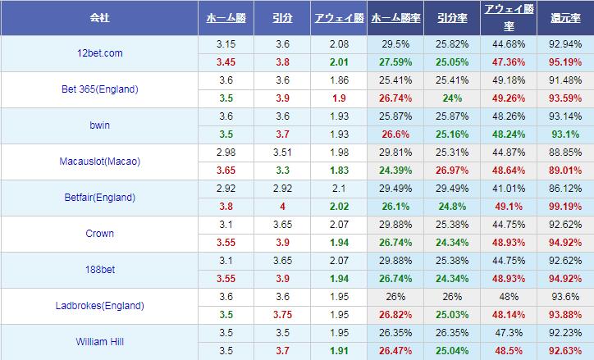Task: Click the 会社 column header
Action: pyautogui.click(x=99, y=16)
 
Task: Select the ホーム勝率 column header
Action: pyautogui.click(x=397, y=16)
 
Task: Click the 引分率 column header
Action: pyautogui.click(x=452, y=16)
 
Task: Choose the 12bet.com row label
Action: pyautogui.click(x=99, y=52)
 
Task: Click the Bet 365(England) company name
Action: pyautogui.click(x=99, y=89)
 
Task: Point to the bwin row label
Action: pyautogui.click(x=99, y=125)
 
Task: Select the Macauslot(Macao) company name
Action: pyautogui.click(x=99, y=161)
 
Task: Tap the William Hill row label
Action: pyautogui.click(x=99, y=341)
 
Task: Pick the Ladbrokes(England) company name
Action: pyautogui.click(x=99, y=305)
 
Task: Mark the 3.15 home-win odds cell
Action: pyautogui.click(x=226, y=43)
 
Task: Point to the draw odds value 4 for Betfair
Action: pyautogui.click(x=283, y=206)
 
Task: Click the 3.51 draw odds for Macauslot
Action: pyautogui.click(x=283, y=152)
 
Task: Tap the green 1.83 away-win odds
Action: pyautogui.click(x=337, y=170)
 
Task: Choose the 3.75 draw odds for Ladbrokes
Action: pyautogui.click(x=283, y=314)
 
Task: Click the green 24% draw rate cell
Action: pyautogui.click(x=452, y=98)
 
